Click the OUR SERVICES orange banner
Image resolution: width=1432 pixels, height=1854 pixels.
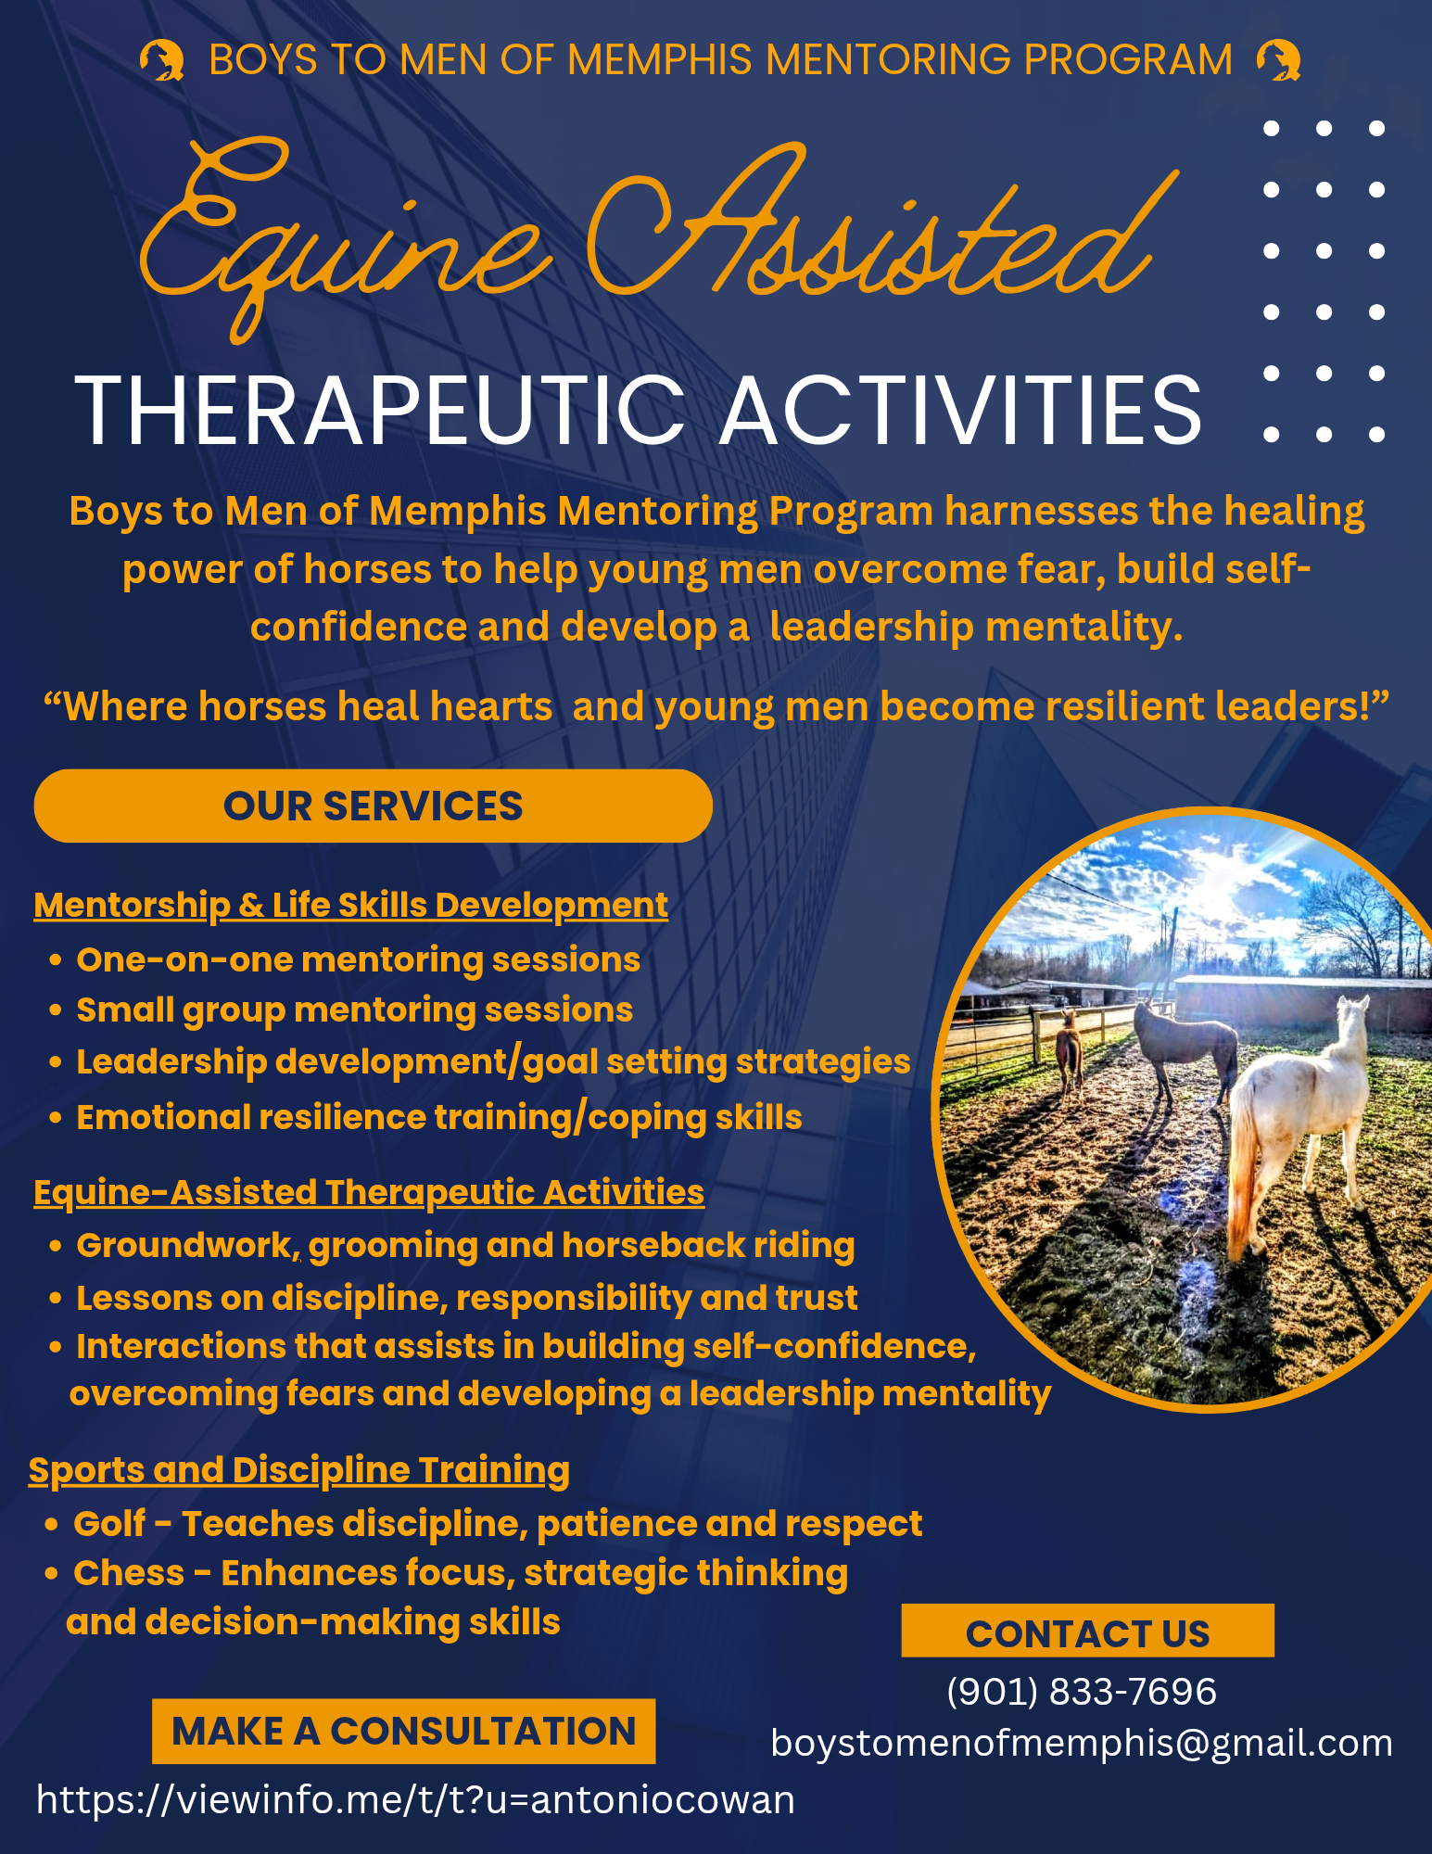(373, 806)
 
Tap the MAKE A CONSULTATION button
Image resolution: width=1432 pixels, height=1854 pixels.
(403, 1731)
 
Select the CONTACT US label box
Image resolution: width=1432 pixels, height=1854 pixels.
(1087, 1631)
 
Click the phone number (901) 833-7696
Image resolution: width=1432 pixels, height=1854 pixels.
(1082, 1692)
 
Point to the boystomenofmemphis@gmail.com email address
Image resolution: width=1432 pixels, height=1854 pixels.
(1082, 1744)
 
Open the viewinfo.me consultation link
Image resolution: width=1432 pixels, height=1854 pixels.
(415, 1800)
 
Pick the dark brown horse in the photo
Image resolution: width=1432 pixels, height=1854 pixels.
(1184, 1048)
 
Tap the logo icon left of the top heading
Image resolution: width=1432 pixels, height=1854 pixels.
(162, 60)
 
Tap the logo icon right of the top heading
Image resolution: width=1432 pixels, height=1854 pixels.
(1279, 60)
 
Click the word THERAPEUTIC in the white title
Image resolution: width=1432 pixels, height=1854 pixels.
(379, 411)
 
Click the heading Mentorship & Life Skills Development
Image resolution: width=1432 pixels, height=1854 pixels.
(350, 905)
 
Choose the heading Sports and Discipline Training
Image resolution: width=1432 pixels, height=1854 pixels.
(298, 1470)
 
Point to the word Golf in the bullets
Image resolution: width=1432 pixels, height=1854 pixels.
(109, 1523)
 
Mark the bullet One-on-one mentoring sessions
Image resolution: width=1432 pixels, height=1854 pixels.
(358, 959)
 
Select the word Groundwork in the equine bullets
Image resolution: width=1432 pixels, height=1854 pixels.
(187, 1246)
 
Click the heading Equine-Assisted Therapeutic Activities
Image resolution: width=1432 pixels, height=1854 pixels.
(369, 1192)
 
